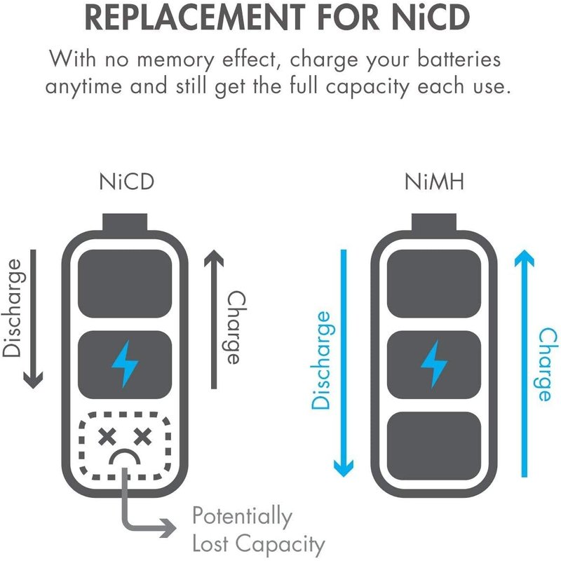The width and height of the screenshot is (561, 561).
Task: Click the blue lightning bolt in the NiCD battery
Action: [x=126, y=363]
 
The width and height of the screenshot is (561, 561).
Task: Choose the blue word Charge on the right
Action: [x=543, y=365]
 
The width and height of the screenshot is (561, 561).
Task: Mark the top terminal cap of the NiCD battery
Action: [x=126, y=223]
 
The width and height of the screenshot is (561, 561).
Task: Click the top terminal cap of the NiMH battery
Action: [x=434, y=223]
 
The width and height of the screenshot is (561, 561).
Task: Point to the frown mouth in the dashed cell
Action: [x=126, y=460]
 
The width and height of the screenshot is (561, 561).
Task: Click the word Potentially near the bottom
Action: [x=242, y=518]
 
